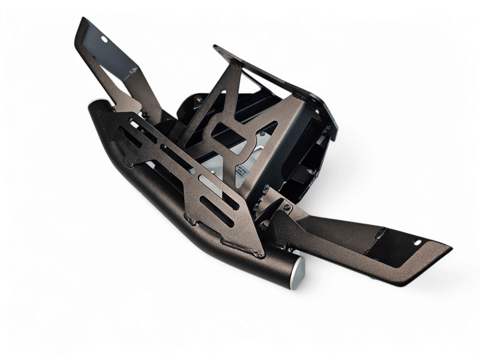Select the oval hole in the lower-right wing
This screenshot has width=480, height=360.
418,242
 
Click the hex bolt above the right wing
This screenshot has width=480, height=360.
287,208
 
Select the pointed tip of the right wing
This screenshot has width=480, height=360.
449,246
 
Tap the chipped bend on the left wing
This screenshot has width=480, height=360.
133,71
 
